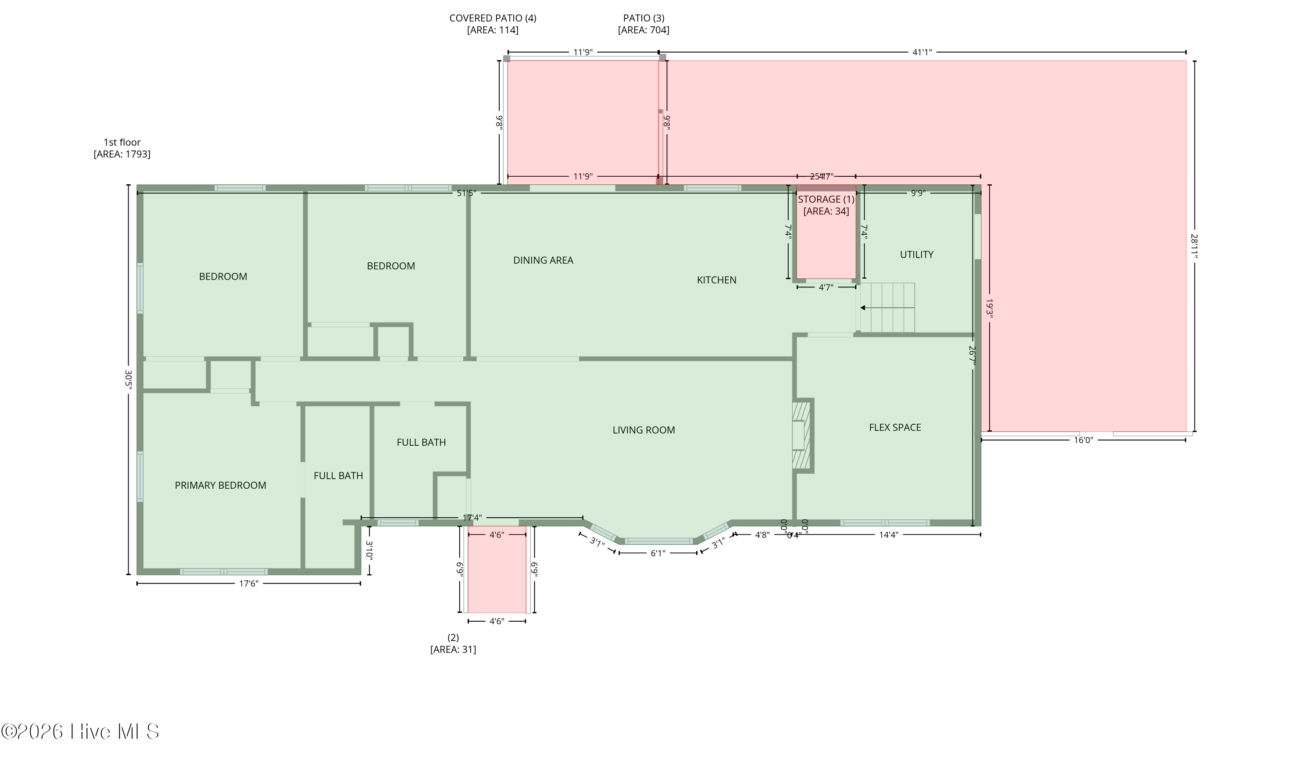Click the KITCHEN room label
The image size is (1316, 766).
pyautogui.click(x=716, y=280)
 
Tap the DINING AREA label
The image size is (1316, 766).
pyautogui.click(x=543, y=261)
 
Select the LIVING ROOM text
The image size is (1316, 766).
pyautogui.click(x=644, y=430)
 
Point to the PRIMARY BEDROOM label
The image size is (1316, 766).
pyautogui.click(x=220, y=486)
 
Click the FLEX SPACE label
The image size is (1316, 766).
pyautogui.click(x=894, y=428)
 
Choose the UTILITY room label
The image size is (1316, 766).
pyautogui.click(x=916, y=255)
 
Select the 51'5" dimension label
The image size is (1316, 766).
pyautogui.click(x=466, y=193)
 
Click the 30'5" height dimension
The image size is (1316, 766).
pyautogui.click(x=129, y=379)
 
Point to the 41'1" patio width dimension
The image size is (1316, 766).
pyautogui.click(x=922, y=52)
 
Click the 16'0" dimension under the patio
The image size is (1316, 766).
pyautogui.click(x=1083, y=440)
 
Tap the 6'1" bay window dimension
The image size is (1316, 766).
pyautogui.click(x=658, y=553)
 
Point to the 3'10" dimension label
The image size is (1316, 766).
pyautogui.click(x=369, y=550)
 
